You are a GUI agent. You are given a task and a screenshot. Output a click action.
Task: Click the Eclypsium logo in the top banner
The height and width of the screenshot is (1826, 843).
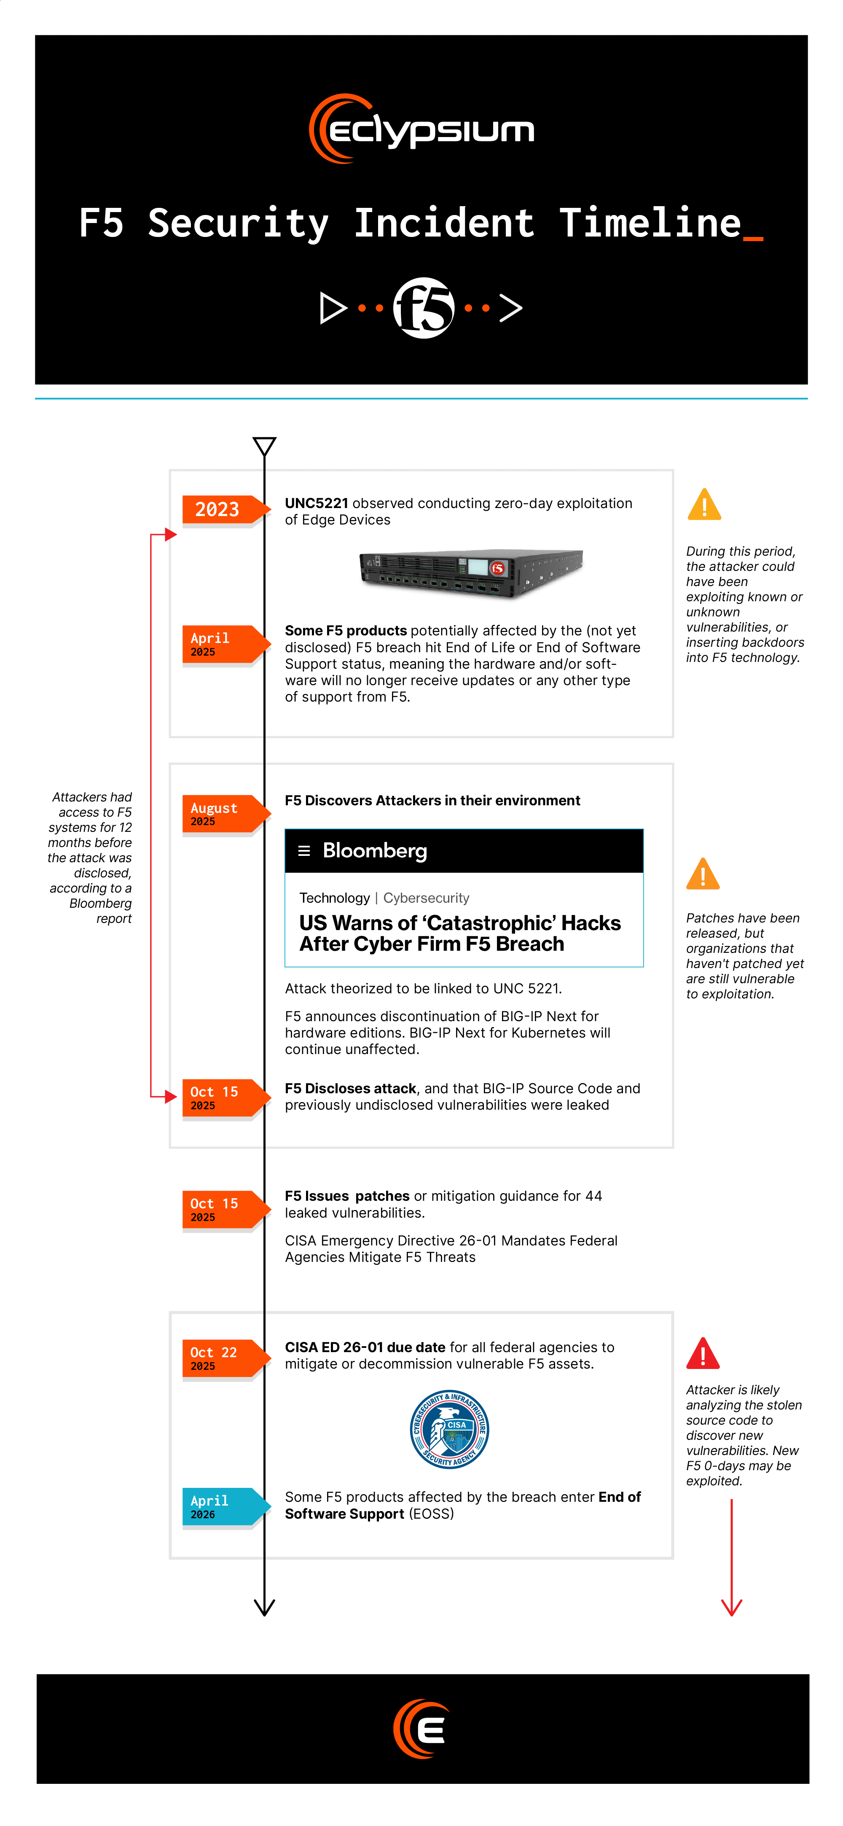(x=421, y=129)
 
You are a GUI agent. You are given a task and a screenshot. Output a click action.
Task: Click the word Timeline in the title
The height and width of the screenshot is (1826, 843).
(x=650, y=223)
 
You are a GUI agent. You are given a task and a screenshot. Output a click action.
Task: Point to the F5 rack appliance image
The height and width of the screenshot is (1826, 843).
(x=471, y=573)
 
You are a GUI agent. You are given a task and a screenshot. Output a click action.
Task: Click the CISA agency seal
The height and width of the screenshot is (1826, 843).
(x=449, y=1429)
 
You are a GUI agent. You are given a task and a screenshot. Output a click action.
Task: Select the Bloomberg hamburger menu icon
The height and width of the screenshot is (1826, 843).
(x=304, y=851)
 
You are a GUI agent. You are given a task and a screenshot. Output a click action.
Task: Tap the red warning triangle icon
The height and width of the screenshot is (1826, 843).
(x=703, y=1354)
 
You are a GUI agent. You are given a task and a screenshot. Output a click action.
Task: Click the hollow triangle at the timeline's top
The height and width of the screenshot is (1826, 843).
(x=264, y=445)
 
